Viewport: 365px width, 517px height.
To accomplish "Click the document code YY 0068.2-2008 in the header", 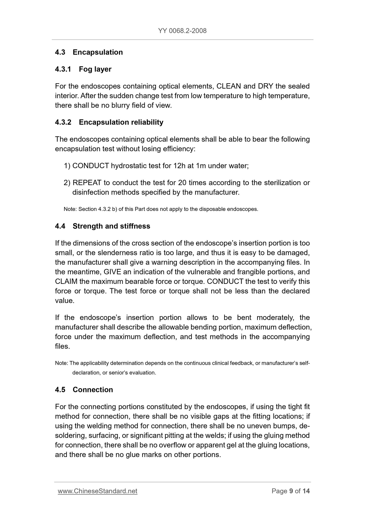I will coord(182,31).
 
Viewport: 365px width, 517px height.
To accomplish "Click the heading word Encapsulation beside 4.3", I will coord(98,52).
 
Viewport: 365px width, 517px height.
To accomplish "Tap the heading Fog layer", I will coord(95,69).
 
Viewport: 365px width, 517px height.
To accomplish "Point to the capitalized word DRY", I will coord(265,86).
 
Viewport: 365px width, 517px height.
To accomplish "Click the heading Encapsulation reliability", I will coord(121,122).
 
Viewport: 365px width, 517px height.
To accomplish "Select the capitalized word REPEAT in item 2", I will coord(87,183).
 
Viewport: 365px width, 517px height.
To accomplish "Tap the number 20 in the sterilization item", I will coord(182,183).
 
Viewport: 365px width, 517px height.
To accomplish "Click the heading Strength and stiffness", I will coord(111,226).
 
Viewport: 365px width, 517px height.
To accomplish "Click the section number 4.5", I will coord(60,390).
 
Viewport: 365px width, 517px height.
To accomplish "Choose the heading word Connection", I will coord(93,390).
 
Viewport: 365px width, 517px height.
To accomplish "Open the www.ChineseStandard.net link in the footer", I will coord(98,491).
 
